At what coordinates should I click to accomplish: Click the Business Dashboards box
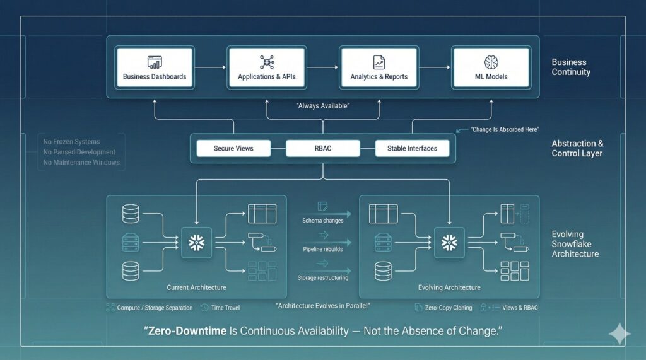[155, 67]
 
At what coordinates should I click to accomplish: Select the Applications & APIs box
[266, 67]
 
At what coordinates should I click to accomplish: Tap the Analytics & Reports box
[379, 67]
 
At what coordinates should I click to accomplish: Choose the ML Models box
[491, 67]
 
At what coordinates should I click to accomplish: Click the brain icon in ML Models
[491, 62]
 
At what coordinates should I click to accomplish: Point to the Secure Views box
[233, 149]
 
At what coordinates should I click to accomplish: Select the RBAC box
[322, 149]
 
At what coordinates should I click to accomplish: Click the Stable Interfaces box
[412, 149]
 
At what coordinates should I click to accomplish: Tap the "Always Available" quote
[323, 106]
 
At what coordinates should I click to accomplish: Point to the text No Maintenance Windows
[81, 163]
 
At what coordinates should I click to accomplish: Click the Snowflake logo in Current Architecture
[196, 243]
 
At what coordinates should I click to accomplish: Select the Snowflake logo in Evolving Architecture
[449, 243]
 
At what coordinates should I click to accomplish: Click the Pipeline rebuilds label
[322, 250]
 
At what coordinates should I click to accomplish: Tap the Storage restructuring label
[322, 277]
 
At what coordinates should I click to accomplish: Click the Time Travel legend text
[225, 308]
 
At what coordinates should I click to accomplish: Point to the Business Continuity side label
[570, 67]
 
